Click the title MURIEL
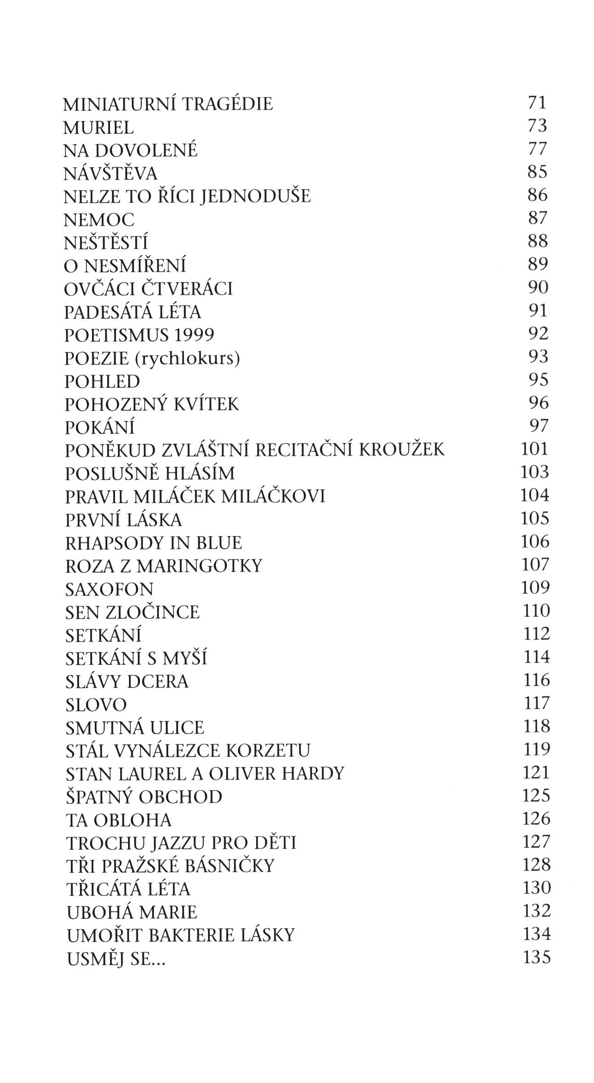(x=98, y=127)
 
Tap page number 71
(x=537, y=103)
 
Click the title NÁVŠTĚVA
(x=110, y=174)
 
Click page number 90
(x=538, y=287)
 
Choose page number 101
(x=534, y=449)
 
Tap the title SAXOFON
(x=109, y=589)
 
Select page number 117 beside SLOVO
(x=536, y=703)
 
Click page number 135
(x=536, y=957)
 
